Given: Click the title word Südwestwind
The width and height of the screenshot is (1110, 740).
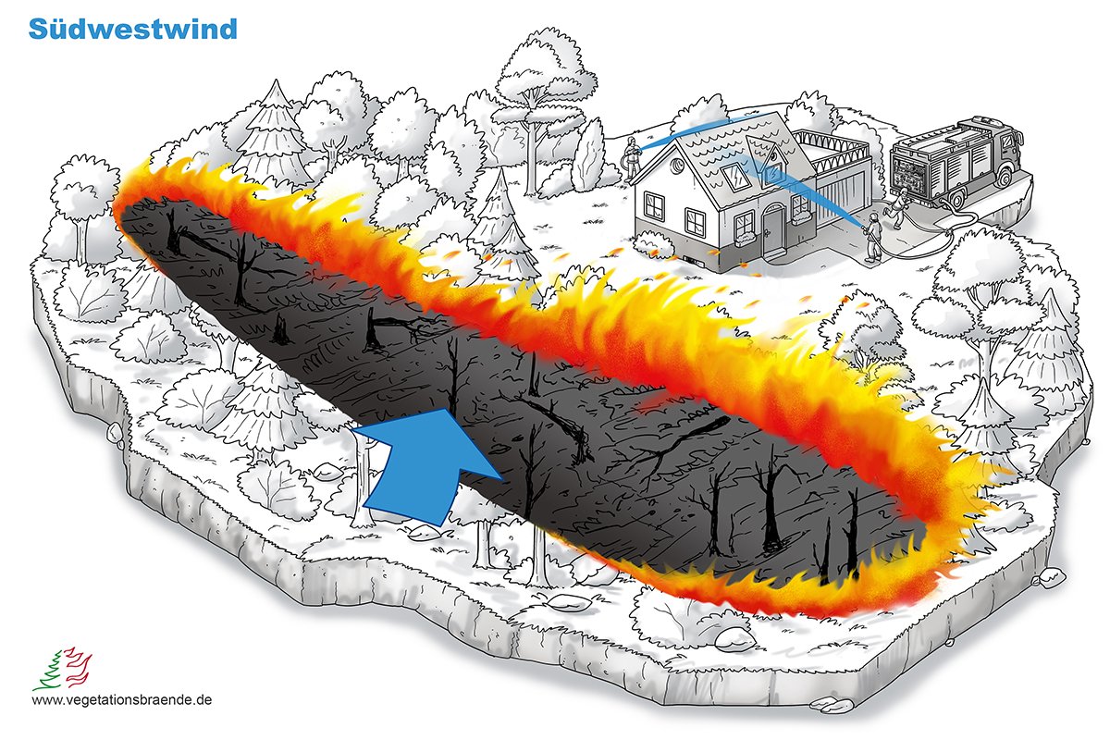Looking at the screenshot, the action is coord(133,29).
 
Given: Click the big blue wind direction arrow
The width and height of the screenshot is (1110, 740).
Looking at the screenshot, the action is coord(426,466).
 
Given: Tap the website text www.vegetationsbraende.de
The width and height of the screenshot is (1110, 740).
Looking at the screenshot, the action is coord(122,700).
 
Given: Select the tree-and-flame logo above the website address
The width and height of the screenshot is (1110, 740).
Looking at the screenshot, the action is coord(63,669).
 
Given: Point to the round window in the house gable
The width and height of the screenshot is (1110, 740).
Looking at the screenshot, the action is coord(676,166).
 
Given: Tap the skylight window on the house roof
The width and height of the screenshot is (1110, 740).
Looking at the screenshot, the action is coord(735,177).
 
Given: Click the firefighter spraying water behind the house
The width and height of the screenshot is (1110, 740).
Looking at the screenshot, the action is coord(631,157).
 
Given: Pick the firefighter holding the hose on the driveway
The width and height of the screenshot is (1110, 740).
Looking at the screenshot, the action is coord(873,238).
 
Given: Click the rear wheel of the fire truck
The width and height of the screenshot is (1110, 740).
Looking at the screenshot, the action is coord(956,197).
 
